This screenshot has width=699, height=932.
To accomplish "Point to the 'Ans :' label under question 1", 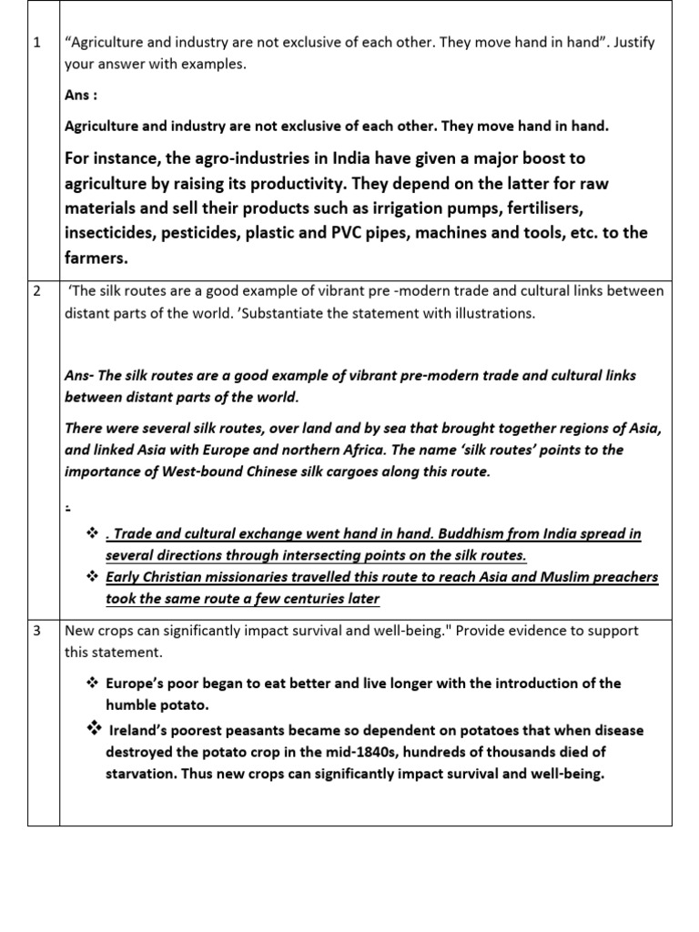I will (81, 95).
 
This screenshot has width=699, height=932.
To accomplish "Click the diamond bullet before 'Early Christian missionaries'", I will (91, 576).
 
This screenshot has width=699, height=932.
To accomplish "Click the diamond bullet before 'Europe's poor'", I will (91, 683).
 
